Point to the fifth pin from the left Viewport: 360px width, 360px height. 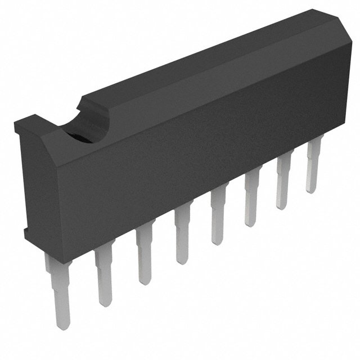tap(218, 217)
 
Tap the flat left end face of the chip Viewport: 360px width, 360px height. tap(22, 174)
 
